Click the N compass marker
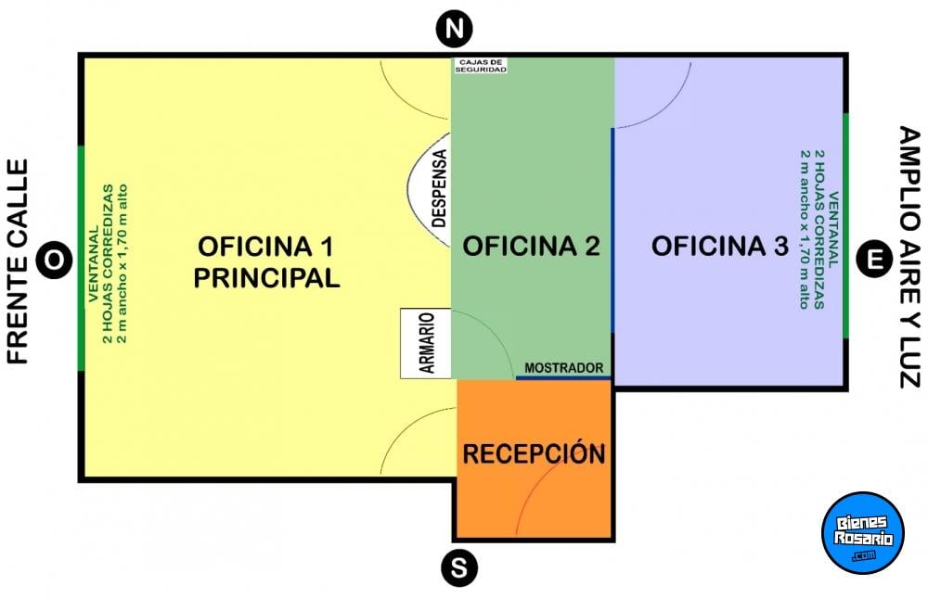454,29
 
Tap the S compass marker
459,568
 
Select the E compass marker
875,259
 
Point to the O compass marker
54,259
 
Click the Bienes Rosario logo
863,533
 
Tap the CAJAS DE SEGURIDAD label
481,66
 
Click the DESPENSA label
439,189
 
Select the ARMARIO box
426,343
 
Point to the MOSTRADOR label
564,368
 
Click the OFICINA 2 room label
532,246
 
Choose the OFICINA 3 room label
720,246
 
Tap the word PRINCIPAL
267,278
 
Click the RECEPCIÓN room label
534,453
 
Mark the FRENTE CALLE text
18,261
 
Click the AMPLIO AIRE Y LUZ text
909,258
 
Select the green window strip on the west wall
81,258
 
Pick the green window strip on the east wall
845,226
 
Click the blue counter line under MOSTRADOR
563,377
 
